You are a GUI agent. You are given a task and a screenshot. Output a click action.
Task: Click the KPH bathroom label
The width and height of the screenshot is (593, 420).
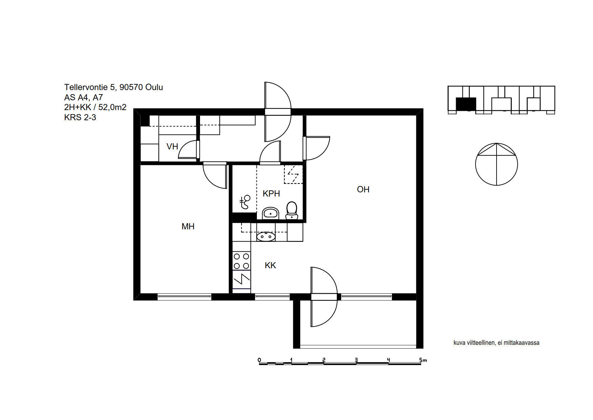point(271,193)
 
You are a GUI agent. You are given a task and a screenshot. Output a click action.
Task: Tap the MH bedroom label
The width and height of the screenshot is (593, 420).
point(188,226)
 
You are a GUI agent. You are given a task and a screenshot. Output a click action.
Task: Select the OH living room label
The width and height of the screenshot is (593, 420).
point(363,189)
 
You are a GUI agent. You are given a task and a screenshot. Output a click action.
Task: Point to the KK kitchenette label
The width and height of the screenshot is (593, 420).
point(270,265)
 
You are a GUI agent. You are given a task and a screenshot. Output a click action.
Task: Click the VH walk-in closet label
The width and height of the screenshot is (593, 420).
point(172,146)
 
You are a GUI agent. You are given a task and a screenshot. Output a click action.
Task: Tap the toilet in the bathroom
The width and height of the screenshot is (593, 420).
point(291,210)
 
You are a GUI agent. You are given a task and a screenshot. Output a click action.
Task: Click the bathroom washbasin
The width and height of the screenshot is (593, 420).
point(270,213)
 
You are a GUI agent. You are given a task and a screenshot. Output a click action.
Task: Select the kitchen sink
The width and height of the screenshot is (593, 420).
point(266,236)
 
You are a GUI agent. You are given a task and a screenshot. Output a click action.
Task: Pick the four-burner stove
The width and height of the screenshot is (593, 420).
point(241,261)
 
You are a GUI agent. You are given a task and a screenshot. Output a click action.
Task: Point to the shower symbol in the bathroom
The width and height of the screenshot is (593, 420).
point(245,202)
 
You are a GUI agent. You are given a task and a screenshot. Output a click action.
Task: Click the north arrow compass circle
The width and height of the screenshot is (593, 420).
point(497,164)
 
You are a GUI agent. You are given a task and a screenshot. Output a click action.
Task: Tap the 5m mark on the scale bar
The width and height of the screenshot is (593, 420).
point(423,360)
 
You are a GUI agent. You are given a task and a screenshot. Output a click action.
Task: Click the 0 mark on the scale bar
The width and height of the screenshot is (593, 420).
point(259,360)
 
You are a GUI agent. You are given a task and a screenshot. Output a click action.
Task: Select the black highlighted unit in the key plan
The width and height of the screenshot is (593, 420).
point(466,104)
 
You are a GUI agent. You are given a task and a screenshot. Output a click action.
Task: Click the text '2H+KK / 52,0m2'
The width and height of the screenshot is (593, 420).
point(95,107)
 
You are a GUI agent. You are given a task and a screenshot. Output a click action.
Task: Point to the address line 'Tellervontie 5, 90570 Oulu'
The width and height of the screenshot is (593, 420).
point(113,87)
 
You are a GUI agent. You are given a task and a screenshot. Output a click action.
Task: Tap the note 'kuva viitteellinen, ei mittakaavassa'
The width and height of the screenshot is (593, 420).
point(496,343)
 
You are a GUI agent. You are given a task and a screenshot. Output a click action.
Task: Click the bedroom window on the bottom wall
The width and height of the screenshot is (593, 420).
point(184,297)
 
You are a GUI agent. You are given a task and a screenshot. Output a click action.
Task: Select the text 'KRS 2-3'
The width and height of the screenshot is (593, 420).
point(80,118)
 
